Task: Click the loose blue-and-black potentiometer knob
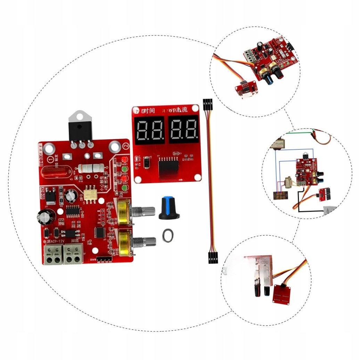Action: (170, 208)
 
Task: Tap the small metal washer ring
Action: (168, 237)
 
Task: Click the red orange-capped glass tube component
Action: (56, 172)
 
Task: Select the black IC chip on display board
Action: (168, 166)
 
